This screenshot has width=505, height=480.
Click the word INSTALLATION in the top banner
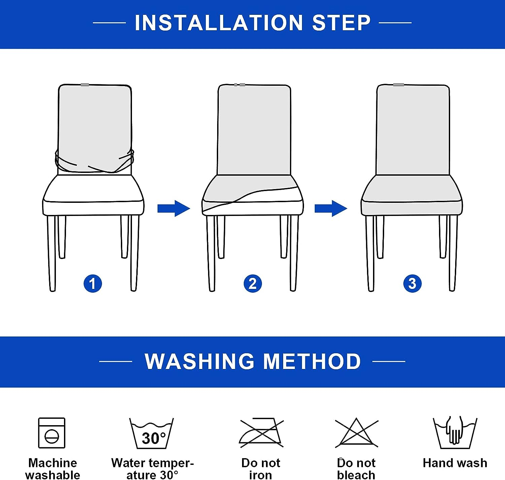tap(219, 23)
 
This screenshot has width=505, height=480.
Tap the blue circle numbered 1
tap(93, 284)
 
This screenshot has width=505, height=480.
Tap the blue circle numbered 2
tap(252, 284)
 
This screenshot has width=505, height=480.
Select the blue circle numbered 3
tap(412, 284)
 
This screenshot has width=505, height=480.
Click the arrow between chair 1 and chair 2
tap(174, 208)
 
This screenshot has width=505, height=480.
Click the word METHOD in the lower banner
tap(312, 362)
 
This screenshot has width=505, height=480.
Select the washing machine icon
tap(52, 433)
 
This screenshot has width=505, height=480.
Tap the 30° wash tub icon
tap(152, 434)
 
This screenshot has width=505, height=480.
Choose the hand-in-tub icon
tap(455, 433)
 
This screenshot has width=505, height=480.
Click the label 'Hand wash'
tap(455, 463)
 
